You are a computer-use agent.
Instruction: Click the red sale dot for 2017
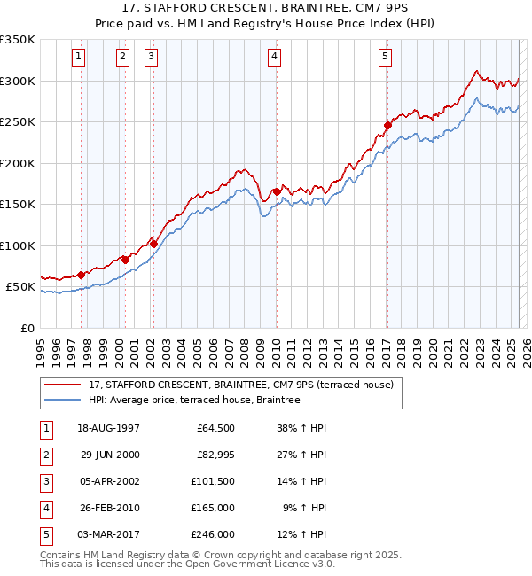(x=387, y=126)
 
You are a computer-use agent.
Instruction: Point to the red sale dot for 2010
(x=277, y=191)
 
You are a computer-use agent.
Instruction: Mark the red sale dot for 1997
(x=81, y=275)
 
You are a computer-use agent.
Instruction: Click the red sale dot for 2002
(x=153, y=244)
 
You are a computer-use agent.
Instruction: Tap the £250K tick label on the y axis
(x=18, y=122)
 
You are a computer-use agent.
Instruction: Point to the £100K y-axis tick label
(x=18, y=245)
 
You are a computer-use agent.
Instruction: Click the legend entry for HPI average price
(x=194, y=401)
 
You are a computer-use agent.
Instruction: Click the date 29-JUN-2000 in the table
(x=110, y=454)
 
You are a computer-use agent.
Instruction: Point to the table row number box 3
(x=43, y=480)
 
